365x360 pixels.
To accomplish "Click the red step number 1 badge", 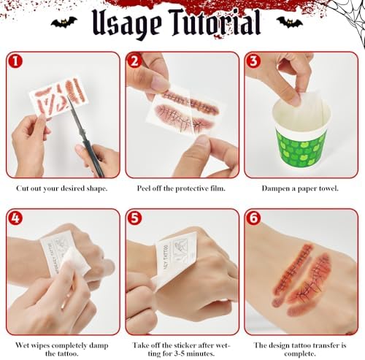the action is (x=15, y=61).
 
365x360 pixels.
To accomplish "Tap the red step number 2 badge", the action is (x=134, y=61).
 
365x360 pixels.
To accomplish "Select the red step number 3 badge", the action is (x=253, y=61).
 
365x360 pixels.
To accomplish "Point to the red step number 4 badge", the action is (x=15, y=218).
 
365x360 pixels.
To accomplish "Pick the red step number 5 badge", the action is (x=134, y=218).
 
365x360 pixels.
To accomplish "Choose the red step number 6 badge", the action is (x=253, y=218).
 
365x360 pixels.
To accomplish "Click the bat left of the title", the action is (x=64, y=23).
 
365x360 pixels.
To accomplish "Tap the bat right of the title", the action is (x=290, y=23).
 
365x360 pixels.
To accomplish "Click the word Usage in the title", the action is (x=126, y=25).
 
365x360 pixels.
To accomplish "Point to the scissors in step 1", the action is (x=87, y=136).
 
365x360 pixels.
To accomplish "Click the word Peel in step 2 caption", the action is (x=144, y=188).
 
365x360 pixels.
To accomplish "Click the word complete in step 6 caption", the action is (x=300, y=353).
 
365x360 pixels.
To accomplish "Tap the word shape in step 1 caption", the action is (x=96, y=189).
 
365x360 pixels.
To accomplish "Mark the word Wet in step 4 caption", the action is (x=21, y=345).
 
